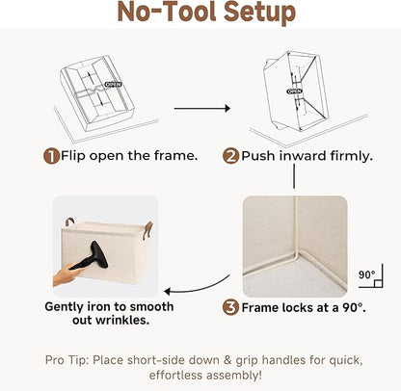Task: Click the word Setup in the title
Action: coord(259,13)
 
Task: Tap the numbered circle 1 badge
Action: coord(51,156)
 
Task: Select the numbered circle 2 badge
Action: coord(230,156)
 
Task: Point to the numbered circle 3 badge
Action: coord(230,307)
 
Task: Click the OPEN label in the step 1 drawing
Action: coord(114,85)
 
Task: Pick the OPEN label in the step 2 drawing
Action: coord(294,91)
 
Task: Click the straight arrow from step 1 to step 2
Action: coord(202,109)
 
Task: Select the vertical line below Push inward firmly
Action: coord(294,176)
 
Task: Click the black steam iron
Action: coord(93,257)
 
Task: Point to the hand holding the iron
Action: coord(66,274)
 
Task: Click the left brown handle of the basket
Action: coord(69,222)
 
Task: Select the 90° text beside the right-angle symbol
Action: coord(366,275)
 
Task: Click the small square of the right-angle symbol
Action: coord(378,283)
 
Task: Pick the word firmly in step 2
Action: coord(351,156)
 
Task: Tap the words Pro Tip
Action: coord(67,360)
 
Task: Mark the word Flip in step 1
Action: coord(73,156)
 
